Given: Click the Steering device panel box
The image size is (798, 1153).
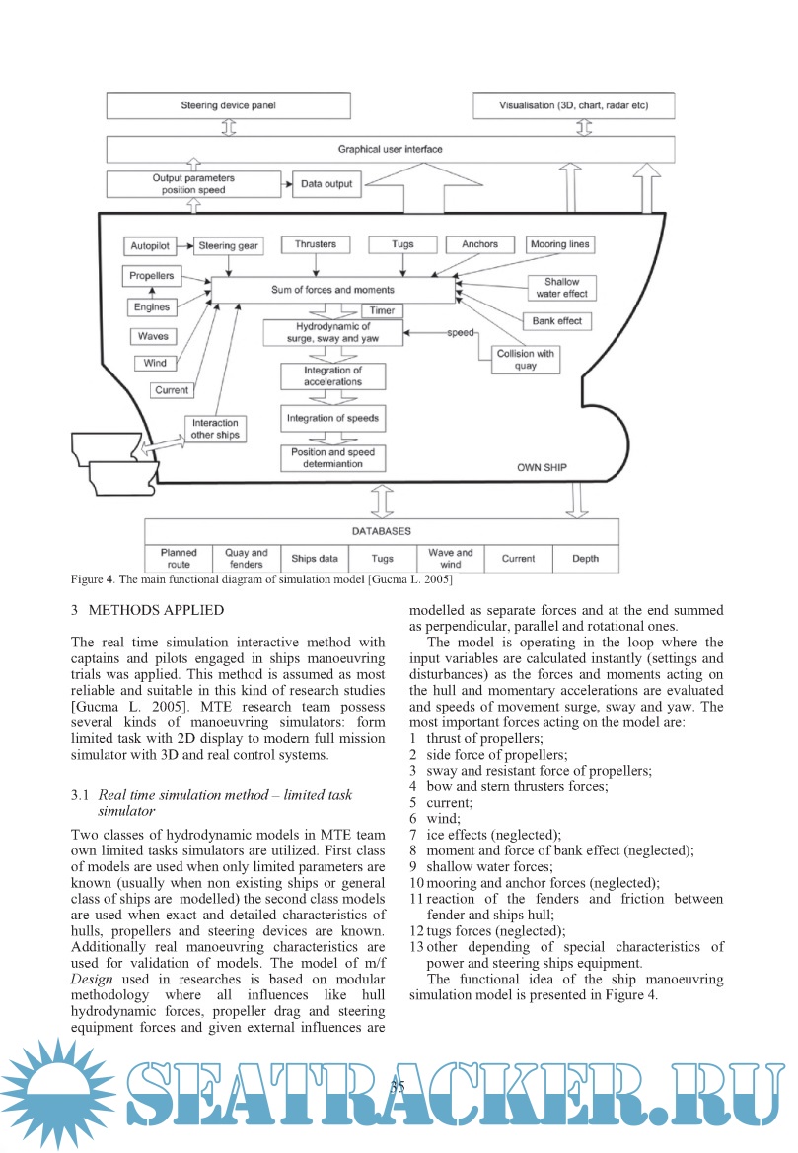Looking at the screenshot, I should [229, 104].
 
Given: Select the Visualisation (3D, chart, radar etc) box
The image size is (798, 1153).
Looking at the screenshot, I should [574, 104].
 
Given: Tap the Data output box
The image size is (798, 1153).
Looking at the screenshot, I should [327, 183].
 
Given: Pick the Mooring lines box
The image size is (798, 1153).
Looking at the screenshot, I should [561, 243].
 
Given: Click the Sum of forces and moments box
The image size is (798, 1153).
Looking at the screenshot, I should [332, 290].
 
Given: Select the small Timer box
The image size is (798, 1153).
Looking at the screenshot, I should [383, 311].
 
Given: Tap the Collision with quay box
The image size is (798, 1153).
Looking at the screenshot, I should [527, 360].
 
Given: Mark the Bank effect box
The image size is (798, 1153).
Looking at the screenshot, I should [557, 320].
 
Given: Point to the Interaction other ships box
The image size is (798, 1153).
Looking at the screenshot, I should [215, 429].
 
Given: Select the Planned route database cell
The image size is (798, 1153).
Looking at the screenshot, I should [179, 559].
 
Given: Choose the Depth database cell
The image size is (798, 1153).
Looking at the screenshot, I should [585, 559].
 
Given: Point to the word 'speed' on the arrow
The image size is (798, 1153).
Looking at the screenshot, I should [461, 332].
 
